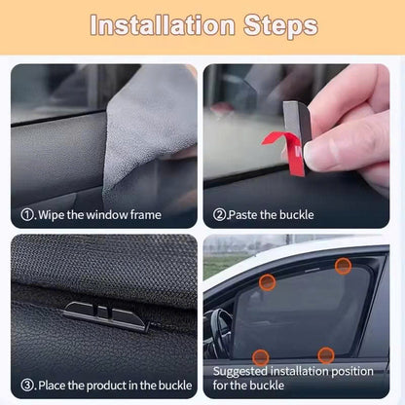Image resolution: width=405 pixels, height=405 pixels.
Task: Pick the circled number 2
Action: pyautogui.click(x=221, y=212)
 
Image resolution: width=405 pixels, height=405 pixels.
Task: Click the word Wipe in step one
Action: pyautogui.click(x=53, y=212)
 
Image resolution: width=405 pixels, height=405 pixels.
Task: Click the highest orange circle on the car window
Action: pyautogui.click(x=343, y=265)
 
